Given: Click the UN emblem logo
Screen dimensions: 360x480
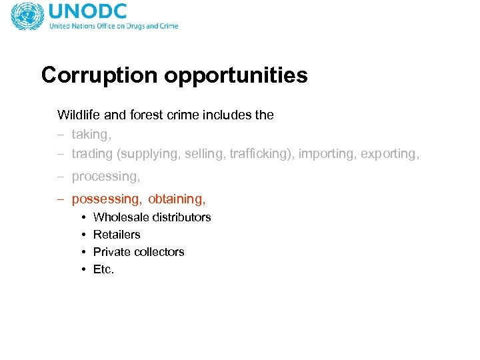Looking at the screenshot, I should tap(27, 16).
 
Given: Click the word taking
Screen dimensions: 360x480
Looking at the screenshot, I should tap(91, 135).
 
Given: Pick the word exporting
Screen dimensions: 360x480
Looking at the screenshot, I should tap(390, 154).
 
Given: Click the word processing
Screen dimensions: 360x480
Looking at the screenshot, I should tap(105, 177).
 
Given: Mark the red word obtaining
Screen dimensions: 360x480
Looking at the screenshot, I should tap(177, 199).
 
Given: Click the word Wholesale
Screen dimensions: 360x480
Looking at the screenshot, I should tap(121, 217).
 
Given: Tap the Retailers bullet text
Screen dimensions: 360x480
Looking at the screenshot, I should tap(117, 235).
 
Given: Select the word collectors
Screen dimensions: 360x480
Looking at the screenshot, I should tap(159, 252).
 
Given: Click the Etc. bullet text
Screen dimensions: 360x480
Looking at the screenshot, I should tap(104, 269).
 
